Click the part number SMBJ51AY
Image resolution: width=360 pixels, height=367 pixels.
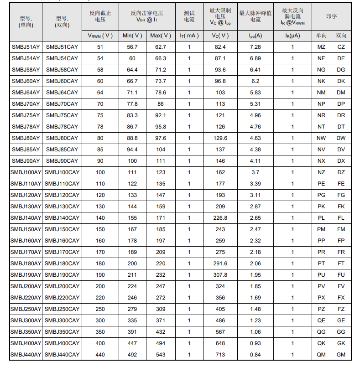click(26, 47)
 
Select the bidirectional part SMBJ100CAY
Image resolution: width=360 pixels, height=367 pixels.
click(62, 172)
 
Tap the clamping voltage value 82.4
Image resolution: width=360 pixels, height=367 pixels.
click(220, 47)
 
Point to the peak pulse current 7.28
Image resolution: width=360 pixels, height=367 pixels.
click(256, 47)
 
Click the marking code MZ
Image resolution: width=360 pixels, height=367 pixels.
click(321, 47)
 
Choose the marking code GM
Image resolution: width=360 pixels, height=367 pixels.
click(341, 355)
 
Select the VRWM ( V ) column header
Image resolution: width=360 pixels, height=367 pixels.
click(100, 36)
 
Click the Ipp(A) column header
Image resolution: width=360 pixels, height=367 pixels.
click(256, 36)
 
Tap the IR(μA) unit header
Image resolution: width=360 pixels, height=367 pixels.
click(293, 36)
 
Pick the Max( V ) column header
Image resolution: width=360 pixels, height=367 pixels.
click(161, 36)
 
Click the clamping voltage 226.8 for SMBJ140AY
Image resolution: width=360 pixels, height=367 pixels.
click(220, 218)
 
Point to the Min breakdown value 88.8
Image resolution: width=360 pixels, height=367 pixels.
click(132, 138)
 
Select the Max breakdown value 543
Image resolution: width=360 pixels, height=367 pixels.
click(161, 355)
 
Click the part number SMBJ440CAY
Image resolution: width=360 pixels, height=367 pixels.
click(62, 355)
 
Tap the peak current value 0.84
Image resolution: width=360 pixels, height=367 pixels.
click(256, 355)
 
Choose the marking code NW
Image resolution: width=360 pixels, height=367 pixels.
click(321, 138)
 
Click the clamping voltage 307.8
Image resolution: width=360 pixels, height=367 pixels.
click(220, 275)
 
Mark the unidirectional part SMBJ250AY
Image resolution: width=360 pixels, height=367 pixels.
click(26, 309)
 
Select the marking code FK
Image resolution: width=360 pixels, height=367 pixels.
click(341, 207)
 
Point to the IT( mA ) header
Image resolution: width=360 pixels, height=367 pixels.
click(189, 36)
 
